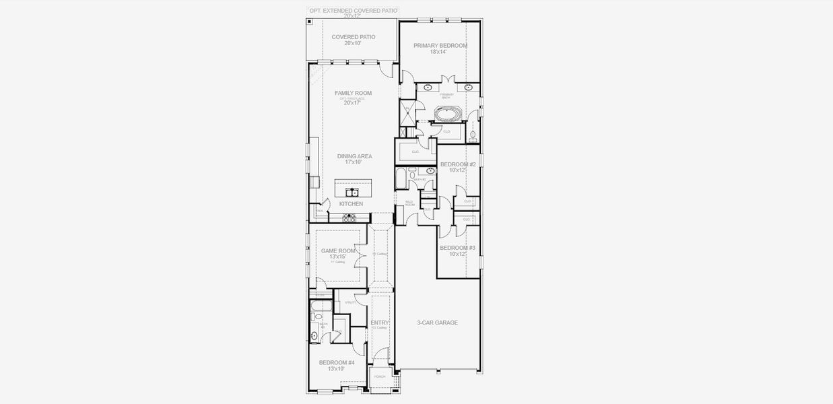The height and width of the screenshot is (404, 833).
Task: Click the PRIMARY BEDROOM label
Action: tap(440, 46)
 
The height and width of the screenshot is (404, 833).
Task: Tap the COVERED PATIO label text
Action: tap(353, 37)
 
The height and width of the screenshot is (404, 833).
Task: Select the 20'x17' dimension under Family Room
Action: tap(353, 103)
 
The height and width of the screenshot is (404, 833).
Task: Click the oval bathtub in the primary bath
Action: tap(447, 113)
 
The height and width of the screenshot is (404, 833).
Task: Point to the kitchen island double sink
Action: tap(352, 192)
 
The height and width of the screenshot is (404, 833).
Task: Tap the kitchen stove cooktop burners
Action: tap(350, 217)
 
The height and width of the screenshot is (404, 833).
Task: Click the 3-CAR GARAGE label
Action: tap(437, 323)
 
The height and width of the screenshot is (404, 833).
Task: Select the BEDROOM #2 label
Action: tap(458, 164)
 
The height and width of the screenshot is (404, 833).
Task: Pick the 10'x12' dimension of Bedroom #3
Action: tap(458, 254)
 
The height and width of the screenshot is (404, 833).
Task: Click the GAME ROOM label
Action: tap(338, 250)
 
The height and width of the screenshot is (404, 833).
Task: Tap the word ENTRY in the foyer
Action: tap(380, 323)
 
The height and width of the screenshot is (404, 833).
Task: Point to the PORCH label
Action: tap(380, 376)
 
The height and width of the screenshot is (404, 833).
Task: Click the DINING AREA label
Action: tap(354, 156)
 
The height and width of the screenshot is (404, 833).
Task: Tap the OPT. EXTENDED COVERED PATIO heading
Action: tap(353, 11)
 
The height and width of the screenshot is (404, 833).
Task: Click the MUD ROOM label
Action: tap(409, 203)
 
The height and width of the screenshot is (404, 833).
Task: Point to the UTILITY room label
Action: tap(350, 302)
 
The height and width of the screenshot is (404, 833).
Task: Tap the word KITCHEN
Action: tap(351, 203)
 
